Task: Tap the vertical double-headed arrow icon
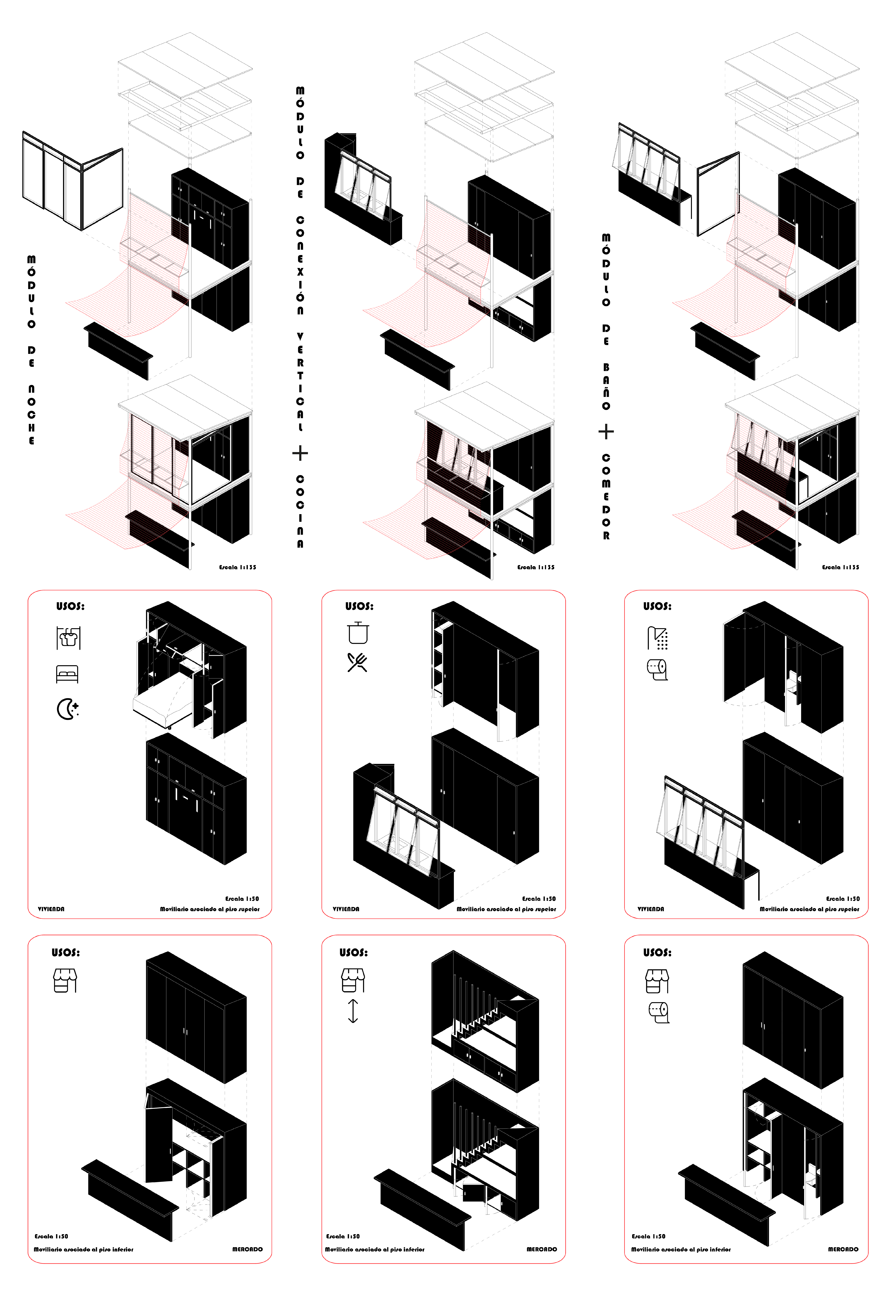(353, 1011)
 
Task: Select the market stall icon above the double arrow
(353, 980)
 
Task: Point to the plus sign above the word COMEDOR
(606, 432)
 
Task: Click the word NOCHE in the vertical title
(31, 415)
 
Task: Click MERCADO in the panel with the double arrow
(542, 1249)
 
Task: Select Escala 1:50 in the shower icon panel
(843, 899)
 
